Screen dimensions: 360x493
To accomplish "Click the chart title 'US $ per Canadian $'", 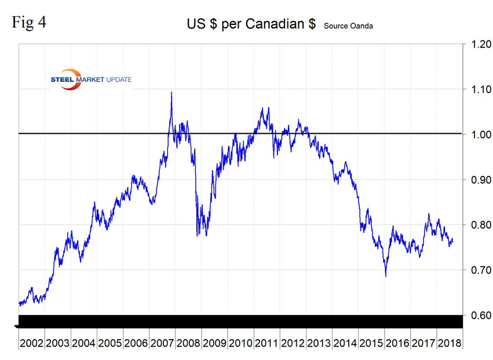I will [x=251, y=24].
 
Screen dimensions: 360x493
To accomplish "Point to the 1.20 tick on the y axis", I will [x=477, y=44].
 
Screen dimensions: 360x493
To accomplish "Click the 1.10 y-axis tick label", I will [x=477, y=89].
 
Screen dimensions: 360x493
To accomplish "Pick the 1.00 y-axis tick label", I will [x=477, y=134].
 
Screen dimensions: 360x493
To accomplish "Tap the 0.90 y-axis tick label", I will [x=477, y=179].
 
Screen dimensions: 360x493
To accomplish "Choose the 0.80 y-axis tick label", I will [x=477, y=225].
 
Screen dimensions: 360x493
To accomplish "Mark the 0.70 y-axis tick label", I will [x=477, y=270].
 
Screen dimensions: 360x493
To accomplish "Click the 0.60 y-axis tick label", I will [x=477, y=315].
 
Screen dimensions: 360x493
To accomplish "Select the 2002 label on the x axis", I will [x=31, y=343].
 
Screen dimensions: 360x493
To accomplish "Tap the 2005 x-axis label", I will [x=109, y=343].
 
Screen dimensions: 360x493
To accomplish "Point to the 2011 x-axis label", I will [x=266, y=343].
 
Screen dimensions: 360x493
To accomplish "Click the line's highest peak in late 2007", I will [x=171, y=93].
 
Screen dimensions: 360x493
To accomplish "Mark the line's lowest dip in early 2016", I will [x=386, y=275].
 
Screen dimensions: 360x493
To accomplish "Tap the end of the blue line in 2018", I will [x=452, y=241].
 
